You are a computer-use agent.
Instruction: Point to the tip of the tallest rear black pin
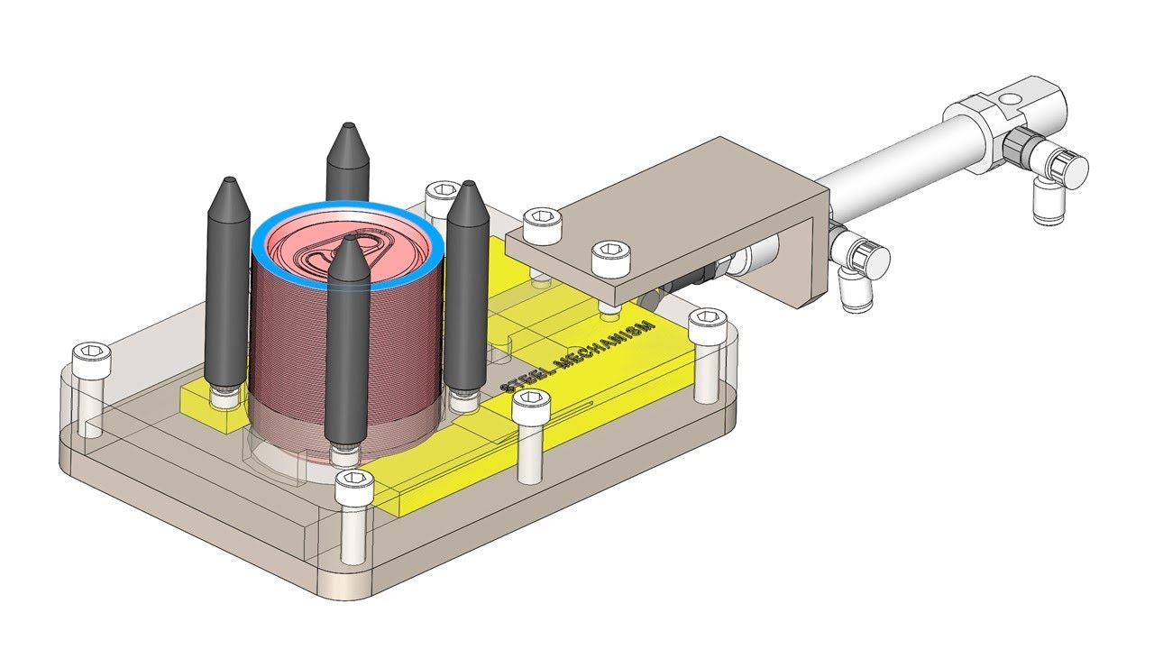coord(348,125)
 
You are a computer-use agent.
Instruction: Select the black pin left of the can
coord(228,288)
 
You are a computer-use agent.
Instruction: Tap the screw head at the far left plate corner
coord(92,356)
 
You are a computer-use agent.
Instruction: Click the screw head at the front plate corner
coord(354,484)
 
